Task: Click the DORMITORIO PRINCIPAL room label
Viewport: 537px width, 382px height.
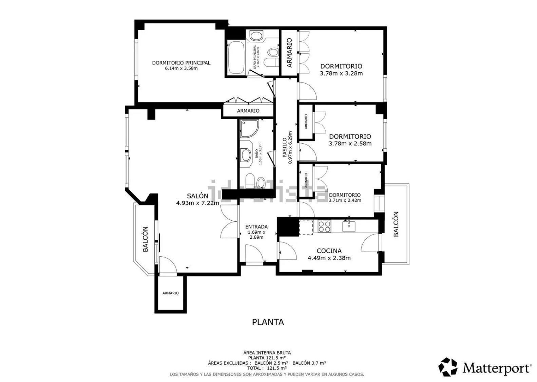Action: click(181, 63)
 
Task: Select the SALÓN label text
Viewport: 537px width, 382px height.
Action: click(197, 196)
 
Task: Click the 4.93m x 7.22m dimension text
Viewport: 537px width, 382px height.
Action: click(197, 203)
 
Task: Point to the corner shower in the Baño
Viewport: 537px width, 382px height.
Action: click(249, 128)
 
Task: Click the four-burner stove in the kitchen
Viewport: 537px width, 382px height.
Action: click(324, 226)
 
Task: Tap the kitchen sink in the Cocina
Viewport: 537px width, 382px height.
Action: click(349, 226)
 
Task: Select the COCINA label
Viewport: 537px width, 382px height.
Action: click(329, 251)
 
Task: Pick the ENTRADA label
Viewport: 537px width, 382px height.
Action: click(256, 227)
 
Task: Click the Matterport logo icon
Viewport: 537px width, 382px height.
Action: click(448, 367)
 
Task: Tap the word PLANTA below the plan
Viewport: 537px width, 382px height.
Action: click(268, 322)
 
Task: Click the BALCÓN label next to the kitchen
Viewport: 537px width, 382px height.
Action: click(396, 224)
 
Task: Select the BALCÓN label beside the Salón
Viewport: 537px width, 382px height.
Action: click(146, 239)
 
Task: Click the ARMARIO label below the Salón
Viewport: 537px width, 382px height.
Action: click(170, 293)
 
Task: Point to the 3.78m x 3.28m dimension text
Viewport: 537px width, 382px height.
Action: click(341, 73)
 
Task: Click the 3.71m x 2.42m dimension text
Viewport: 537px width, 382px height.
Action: click(345, 200)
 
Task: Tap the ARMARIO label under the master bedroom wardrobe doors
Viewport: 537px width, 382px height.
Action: click(248, 111)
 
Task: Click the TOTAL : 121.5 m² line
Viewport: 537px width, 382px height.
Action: click(267, 368)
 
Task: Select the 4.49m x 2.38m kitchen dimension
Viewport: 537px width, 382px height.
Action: click(329, 258)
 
